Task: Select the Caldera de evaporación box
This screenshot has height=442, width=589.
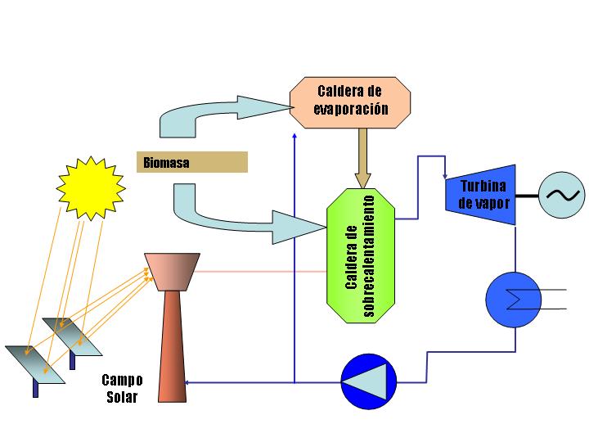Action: (x=350, y=98)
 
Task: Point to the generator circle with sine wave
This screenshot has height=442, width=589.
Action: (x=563, y=194)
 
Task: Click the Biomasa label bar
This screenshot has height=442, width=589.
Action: (x=191, y=162)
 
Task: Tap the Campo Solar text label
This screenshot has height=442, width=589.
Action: (x=122, y=389)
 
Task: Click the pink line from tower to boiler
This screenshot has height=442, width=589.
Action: (x=262, y=272)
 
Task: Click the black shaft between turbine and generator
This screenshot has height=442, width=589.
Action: (x=528, y=195)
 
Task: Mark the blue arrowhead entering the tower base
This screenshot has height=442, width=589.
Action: (x=191, y=382)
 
